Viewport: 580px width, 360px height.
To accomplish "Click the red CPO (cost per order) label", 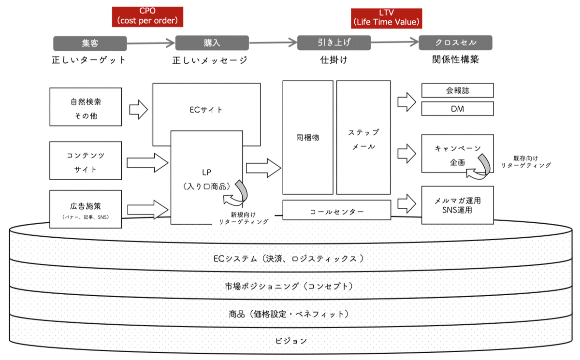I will (x=147, y=16).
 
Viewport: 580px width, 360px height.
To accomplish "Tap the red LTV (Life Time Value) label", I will (x=386, y=16).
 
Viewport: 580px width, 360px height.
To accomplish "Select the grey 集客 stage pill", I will (x=90, y=43).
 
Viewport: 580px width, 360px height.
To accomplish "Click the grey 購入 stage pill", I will (x=212, y=43).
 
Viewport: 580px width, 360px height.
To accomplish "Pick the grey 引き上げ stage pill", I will (x=333, y=43).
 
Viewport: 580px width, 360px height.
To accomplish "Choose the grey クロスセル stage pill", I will (x=455, y=43).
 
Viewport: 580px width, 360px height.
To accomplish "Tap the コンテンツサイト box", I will (x=86, y=163).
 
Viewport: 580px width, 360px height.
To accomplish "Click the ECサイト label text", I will (x=206, y=110).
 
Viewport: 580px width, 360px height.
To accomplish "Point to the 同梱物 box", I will (x=307, y=138).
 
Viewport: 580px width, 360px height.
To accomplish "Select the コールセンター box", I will (x=336, y=211).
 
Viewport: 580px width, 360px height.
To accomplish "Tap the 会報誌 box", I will (x=457, y=90).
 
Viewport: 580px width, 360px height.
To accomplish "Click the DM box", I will (x=457, y=109).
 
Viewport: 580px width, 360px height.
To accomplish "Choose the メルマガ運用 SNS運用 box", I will (x=457, y=205).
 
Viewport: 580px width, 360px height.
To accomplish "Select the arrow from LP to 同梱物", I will (x=263, y=168).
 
